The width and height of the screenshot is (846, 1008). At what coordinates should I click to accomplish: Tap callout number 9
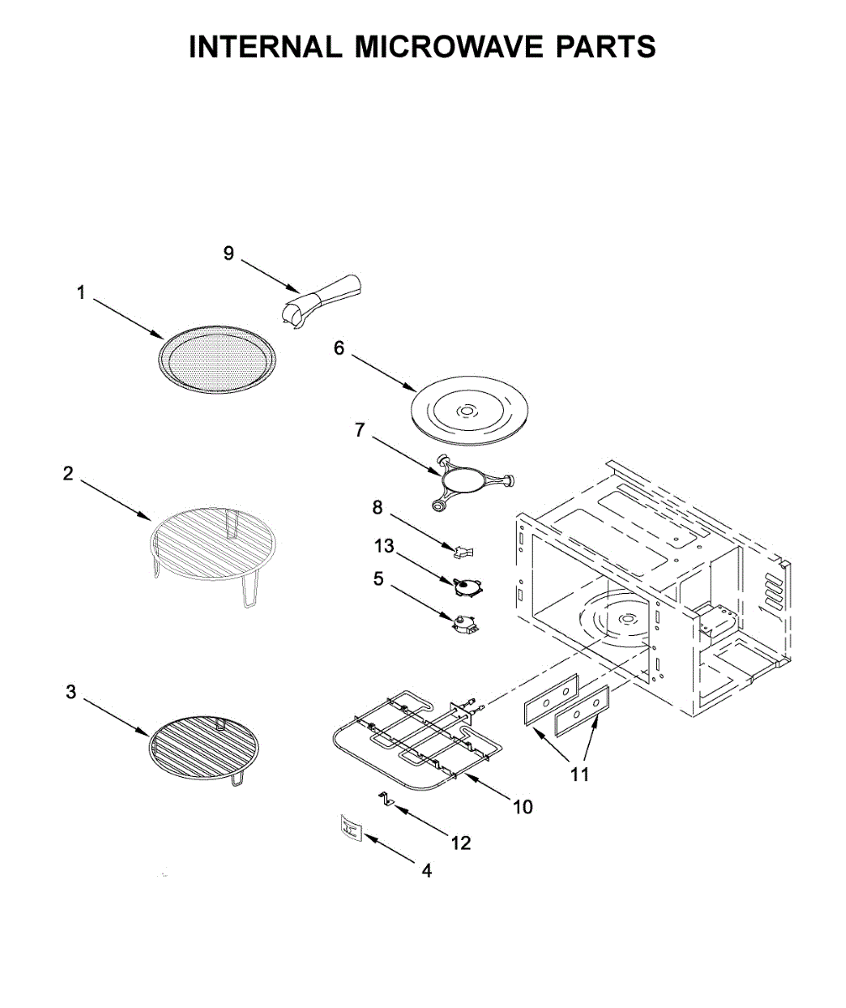point(229,254)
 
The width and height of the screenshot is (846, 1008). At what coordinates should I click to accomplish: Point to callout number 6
point(339,349)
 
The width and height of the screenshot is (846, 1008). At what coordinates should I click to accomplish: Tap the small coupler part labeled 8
point(462,551)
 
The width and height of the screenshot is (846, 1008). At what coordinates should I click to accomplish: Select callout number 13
point(384,547)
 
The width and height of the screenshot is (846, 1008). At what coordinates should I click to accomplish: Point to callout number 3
point(71,693)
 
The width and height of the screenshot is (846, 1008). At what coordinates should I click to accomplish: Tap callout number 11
point(580,774)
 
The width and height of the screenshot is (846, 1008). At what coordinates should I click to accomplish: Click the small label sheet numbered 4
point(349,828)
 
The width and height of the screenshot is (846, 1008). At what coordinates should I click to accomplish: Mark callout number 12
point(461,843)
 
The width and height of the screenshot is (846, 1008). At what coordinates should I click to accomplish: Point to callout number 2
point(68,473)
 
